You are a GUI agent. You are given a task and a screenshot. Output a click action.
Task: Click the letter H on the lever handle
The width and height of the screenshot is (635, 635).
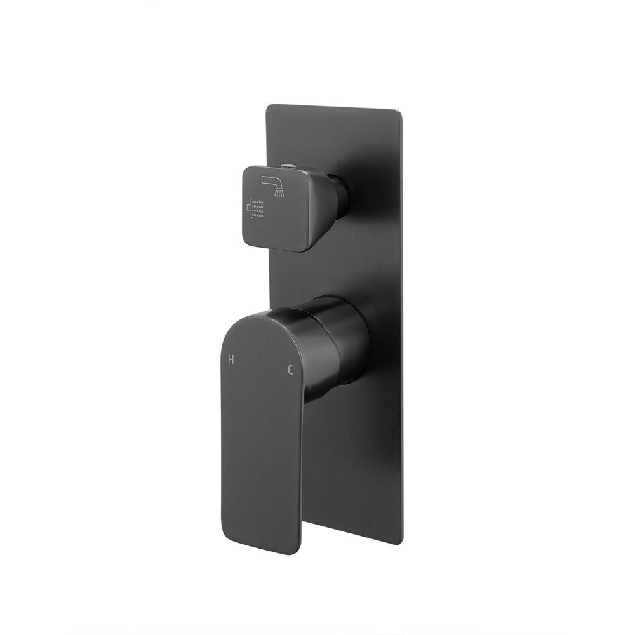231,359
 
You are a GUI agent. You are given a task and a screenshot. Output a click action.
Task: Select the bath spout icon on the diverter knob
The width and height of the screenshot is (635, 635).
273,184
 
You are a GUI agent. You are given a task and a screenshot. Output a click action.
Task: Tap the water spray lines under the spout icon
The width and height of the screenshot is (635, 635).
279,192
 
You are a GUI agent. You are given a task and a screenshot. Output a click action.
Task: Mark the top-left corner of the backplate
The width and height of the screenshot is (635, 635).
268,107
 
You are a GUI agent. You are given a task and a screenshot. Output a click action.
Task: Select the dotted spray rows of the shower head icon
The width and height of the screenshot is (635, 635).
258,210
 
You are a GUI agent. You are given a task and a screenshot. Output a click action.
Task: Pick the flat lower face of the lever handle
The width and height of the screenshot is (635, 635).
260,457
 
